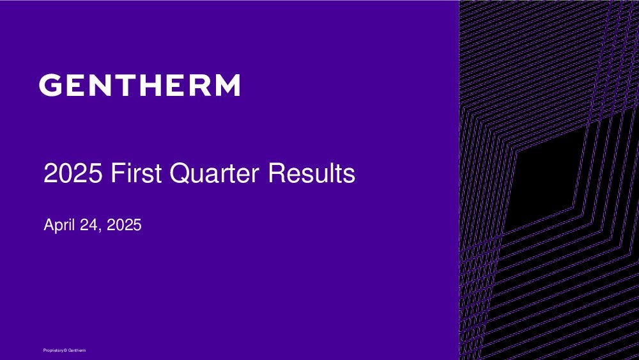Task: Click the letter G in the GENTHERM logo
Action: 50,85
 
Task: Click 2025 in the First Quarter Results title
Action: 73,173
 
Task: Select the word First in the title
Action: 136,173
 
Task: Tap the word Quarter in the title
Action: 214,174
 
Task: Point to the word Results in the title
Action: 311,173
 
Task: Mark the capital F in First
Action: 117,173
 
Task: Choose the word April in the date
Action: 59,226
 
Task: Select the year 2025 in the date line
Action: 124,225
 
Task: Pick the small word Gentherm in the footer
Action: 77,350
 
